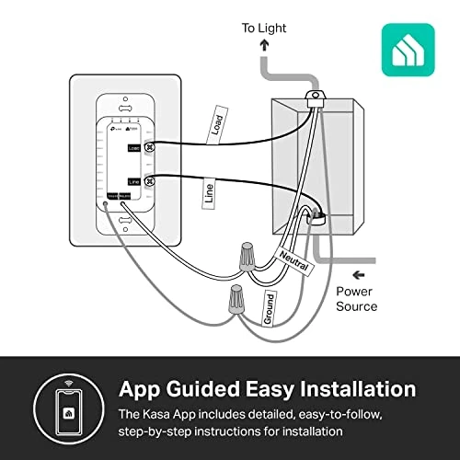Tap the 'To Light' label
point(263,29)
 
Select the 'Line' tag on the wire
point(209,193)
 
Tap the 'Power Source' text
point(356,299)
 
